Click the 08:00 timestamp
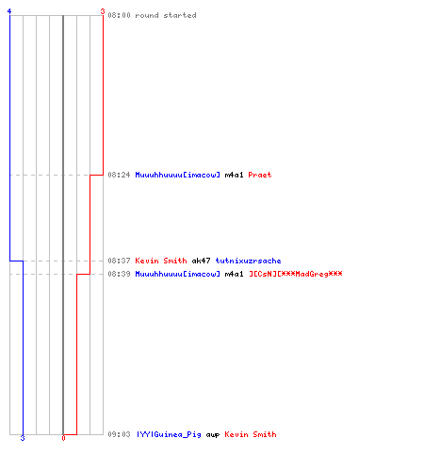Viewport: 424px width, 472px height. (119, 15)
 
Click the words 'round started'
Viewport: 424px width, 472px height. (166, 15)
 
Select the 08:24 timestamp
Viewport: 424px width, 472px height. (119, 175)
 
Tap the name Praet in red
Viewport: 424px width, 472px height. (260, 175)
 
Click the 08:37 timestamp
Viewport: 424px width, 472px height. (119, 261)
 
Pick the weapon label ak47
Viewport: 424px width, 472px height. (201, 261)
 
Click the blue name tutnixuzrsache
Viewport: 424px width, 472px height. (248, 261)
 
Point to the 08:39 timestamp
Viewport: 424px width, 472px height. (119, 274)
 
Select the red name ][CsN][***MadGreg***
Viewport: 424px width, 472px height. (296, 274)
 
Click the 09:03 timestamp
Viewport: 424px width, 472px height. (119, 434)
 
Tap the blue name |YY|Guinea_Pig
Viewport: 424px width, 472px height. (169, 434)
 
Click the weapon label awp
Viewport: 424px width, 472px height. (213, 435)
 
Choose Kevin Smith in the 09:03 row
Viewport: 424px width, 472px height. (251, 434)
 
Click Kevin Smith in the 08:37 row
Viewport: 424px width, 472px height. (161, 261)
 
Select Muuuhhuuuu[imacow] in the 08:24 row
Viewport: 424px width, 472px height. (178, 175)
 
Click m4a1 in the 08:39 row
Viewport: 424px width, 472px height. (234, 274)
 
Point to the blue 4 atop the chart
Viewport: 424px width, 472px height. (9, 11)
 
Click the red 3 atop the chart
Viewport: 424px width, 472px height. (103, 11)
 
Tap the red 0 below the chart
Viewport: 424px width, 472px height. (63, 438)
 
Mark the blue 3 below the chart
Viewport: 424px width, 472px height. (23, 438)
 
